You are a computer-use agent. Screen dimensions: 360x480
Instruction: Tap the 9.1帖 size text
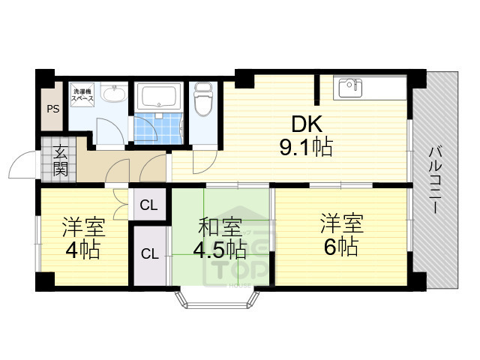(306, 148)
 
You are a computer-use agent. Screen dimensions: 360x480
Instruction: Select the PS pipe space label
(52, 109)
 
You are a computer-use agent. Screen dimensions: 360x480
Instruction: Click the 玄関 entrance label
(60, 160)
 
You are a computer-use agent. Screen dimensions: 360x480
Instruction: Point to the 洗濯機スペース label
(82, 94)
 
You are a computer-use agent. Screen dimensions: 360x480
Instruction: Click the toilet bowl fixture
(202, 100)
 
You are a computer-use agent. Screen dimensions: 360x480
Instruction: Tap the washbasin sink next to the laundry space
(115, 94)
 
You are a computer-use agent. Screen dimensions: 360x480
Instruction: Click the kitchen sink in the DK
(349, 88)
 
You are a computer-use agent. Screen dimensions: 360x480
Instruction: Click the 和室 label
(220, 226)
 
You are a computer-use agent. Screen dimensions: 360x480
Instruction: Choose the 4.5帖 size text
(220, 248)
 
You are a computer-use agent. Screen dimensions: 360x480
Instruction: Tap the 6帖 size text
(342, 245)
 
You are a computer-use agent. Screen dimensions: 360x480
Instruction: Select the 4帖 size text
(82, 250)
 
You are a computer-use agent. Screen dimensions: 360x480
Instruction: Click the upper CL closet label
(149, 205)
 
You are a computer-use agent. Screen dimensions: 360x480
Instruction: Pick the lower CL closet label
(149, 253)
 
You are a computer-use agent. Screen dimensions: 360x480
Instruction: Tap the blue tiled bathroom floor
(159, 127)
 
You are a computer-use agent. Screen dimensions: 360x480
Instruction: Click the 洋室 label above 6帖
(342, 223)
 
